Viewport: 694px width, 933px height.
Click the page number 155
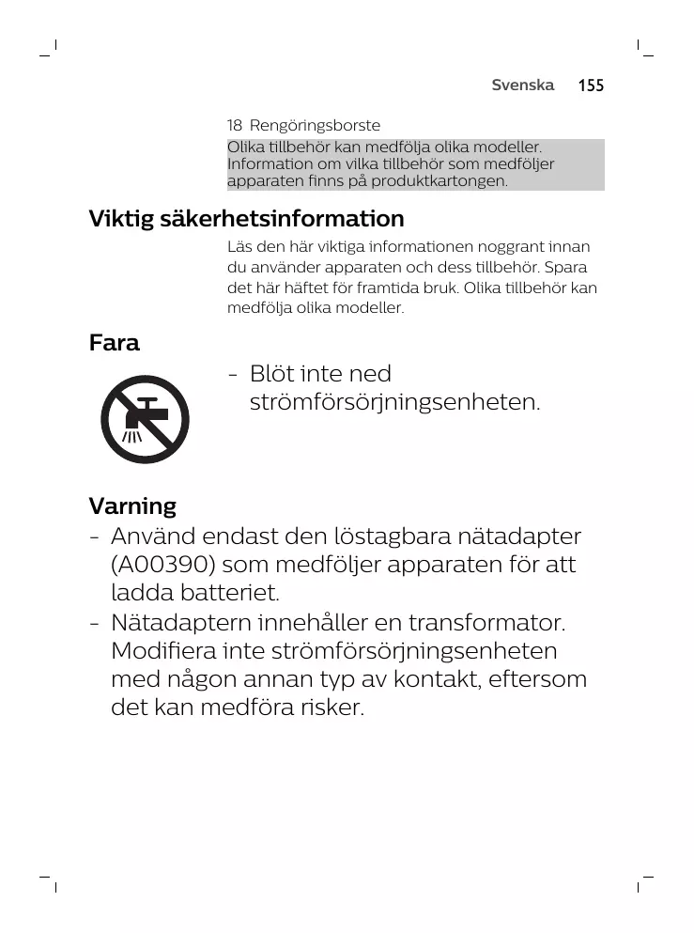(591, 86)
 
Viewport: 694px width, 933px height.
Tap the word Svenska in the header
(523, 85)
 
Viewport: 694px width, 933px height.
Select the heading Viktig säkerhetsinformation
(246, 219)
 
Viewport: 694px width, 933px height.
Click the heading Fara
(114, 343)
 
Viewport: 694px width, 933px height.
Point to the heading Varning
(132, 506)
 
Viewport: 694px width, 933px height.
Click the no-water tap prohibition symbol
(146, 419)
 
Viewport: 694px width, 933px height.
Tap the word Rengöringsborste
(315, 125)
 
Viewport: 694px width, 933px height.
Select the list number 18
(235, 125)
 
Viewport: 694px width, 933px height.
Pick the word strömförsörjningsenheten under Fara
(394, 403)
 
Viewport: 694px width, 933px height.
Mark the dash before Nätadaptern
(95, 624)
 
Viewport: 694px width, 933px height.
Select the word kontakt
(440, 679)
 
